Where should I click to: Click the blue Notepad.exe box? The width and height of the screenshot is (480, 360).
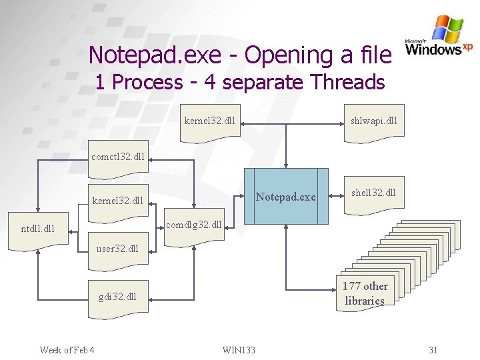(x=287, y=196)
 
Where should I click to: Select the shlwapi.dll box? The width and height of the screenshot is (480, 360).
(x=374, y=122)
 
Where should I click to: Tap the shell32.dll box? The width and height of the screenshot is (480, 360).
(x=374, y=194)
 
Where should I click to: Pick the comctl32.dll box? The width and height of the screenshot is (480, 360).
(x=119, y=159)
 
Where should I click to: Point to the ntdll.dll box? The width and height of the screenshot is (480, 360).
(x=38, y=231)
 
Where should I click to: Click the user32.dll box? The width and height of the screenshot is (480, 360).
(x=119, y=251)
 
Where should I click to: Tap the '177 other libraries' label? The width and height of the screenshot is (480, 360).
(x=365, y=293)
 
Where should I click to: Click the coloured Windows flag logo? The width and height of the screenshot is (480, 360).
(x=447, y=29)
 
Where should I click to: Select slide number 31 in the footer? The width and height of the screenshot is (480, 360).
(x=433, y=350)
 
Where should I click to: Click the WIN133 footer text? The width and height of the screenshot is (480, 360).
(x=239, y=350)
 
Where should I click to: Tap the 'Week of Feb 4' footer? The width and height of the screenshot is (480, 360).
(x=67, y=350)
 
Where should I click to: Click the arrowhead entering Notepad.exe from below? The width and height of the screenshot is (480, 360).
(x=286, y=227)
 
